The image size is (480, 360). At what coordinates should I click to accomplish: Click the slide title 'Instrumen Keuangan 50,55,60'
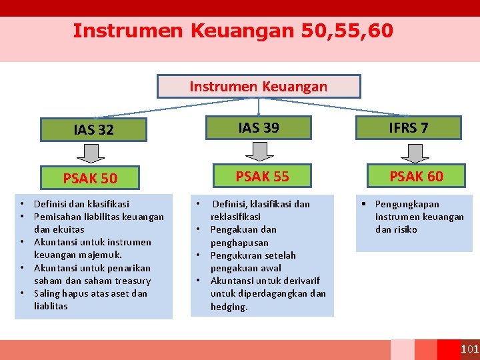pyautogui.click(x=233, y=31)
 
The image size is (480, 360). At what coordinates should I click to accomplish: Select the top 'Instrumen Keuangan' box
pyautogui.click(x=259, y=87)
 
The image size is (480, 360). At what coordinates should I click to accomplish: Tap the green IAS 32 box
pyautogui.click(x=93, y=130)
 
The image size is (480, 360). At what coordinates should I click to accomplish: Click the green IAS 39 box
pyautogui.click(x=259, y=127)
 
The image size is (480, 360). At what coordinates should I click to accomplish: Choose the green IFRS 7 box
pyautogui.click(x=409, y=127)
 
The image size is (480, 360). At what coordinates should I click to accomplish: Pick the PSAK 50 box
pyautogui.click(x=90, y=179)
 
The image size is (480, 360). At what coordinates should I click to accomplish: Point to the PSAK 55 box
pyautogui.click(x=262, y=176)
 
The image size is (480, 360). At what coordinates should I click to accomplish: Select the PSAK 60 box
pyautogui.click(x=416, y=176)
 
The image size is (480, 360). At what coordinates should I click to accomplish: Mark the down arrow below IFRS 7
pyautogui.click(x=417, y=151)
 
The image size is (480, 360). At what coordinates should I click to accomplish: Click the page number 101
pyautogui.click(x=469, y=350)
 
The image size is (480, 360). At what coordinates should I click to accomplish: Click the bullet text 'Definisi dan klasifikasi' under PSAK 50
pyautogui.click(x=81, y=204)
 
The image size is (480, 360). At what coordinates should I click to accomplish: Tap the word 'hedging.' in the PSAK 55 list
pyautogui.click(x=229, y=307)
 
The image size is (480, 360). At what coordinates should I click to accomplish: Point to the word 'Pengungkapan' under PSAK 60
pyautogui.click(x=407, y=204)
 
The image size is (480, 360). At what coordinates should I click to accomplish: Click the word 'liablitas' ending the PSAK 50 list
pyautogui.click(x=51, y=306)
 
